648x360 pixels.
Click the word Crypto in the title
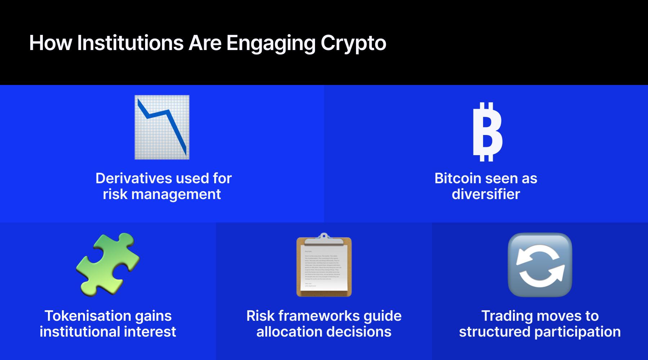coord(353,44)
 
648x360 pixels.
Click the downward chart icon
coord(162,127)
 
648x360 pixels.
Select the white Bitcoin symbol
coord(487,132)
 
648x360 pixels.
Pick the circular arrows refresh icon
coord(540,265)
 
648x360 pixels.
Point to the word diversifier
coord(486,194)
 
